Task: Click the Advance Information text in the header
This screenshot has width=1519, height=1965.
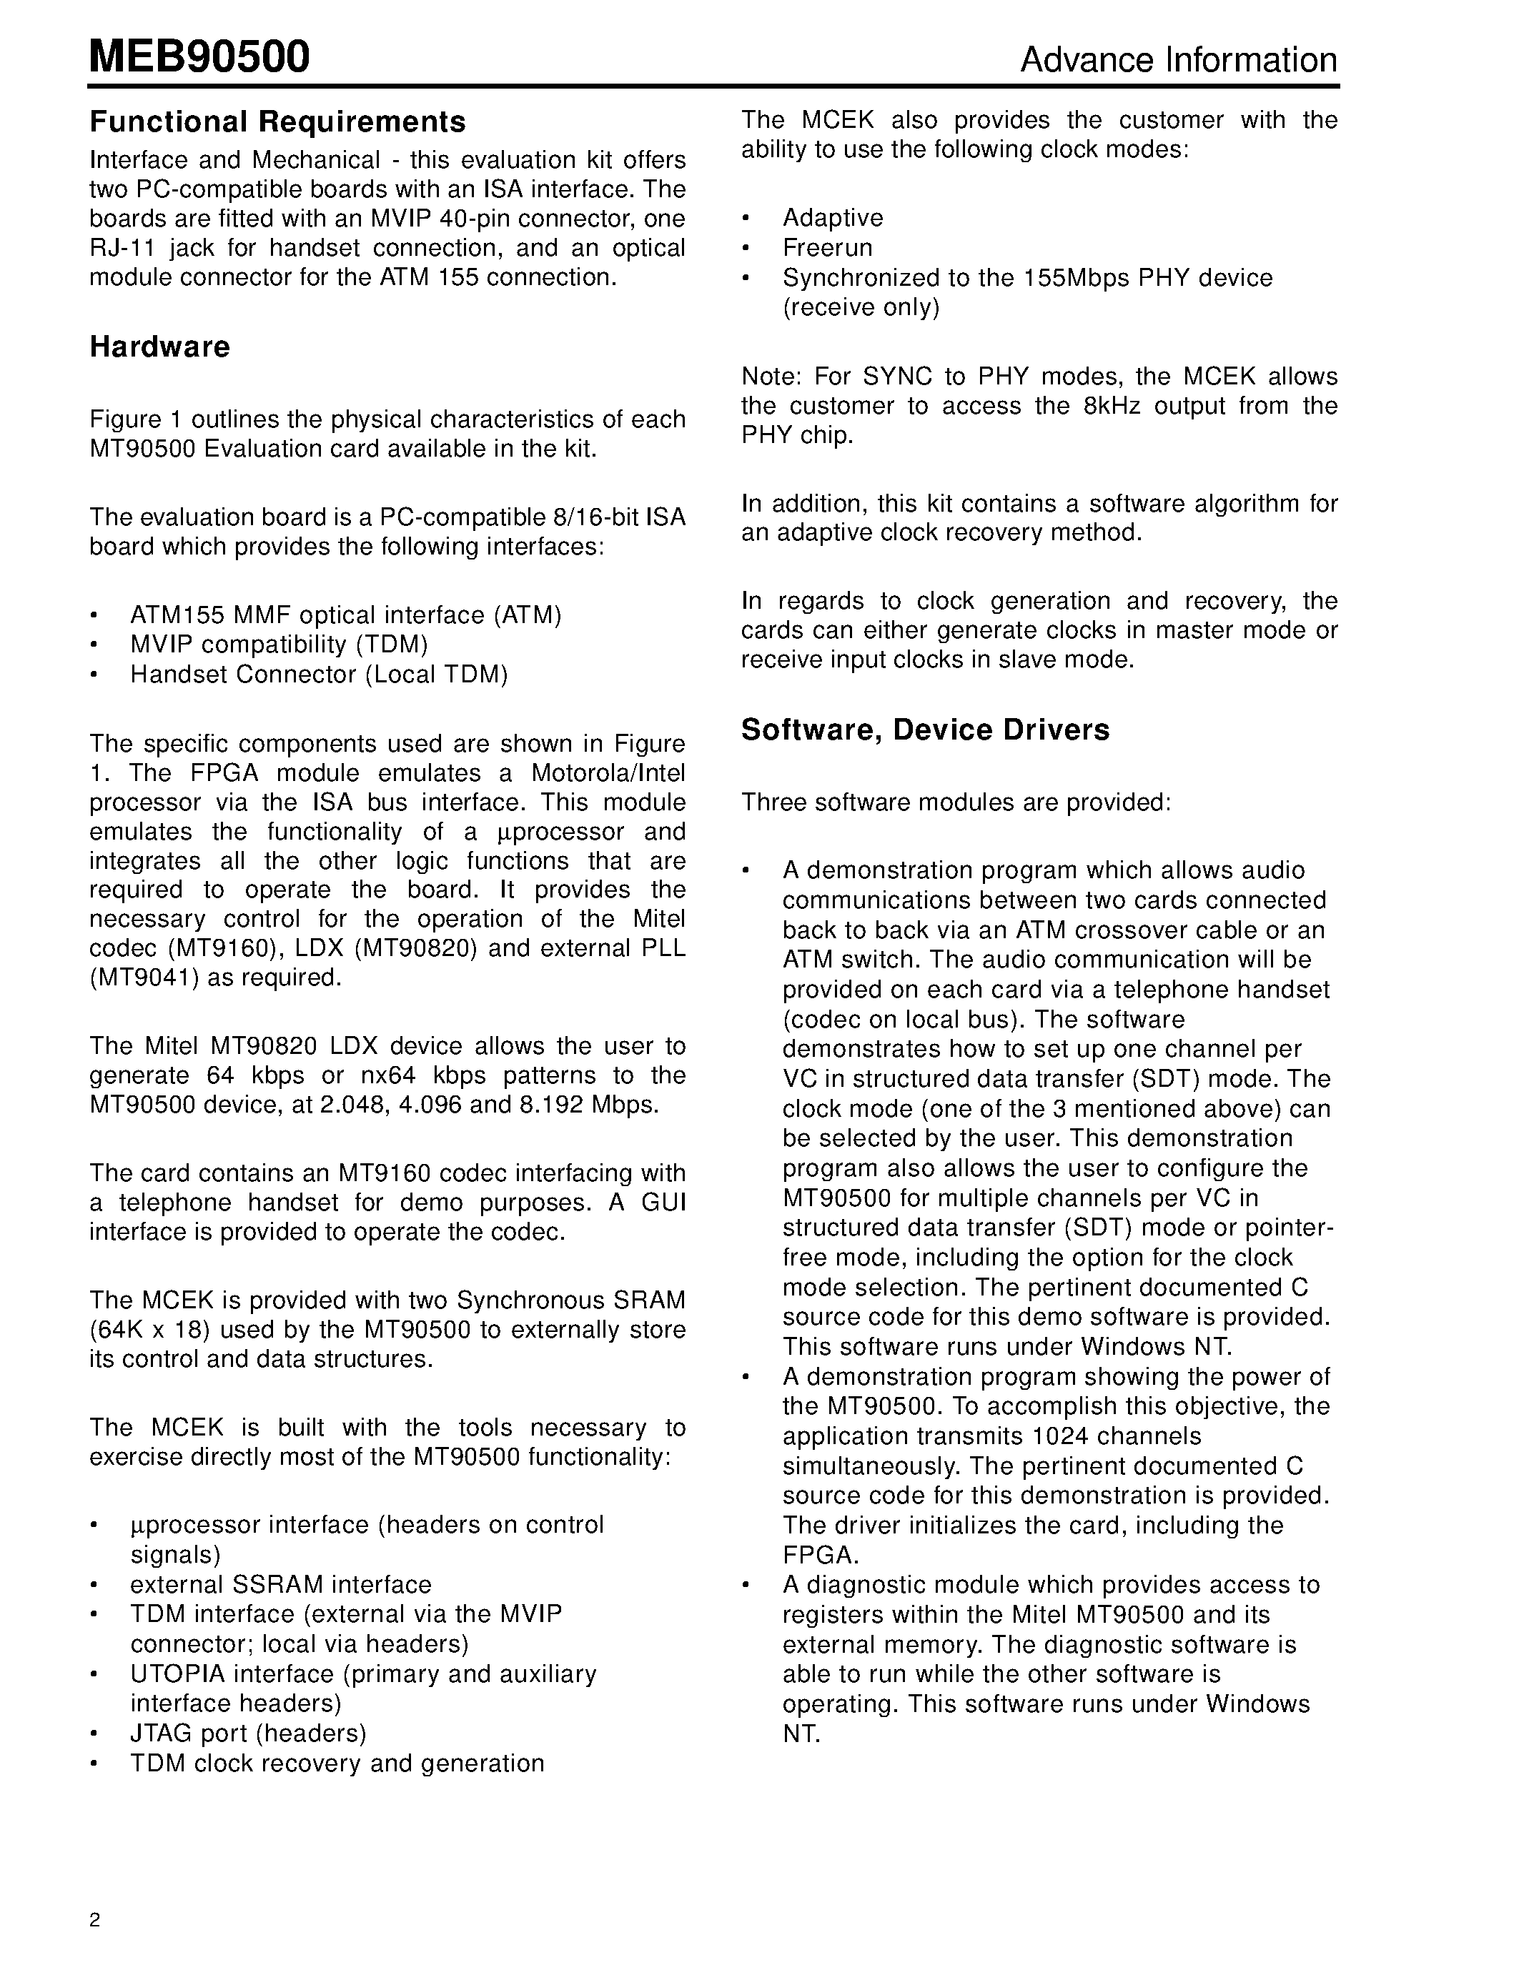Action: (x=1178, y=60)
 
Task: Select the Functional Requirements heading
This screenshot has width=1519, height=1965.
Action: (x=277, y=121)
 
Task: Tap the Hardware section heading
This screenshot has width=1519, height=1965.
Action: (x=159, y=347)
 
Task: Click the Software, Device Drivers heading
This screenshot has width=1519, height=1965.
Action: (x=924, y=730)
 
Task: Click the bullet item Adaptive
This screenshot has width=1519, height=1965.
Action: (x=832, y=218)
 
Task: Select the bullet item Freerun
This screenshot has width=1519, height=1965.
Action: (x=827, y=247)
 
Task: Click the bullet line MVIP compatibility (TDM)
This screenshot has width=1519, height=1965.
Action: (x=279, y=645)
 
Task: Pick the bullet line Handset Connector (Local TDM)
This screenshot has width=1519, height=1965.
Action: (x=319, y=674)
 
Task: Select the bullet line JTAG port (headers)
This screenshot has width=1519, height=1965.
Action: (x=247, y=1733)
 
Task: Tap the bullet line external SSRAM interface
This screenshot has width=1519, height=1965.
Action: (x=280, y=1583)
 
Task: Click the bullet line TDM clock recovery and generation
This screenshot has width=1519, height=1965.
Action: (x=337, y=1763)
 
